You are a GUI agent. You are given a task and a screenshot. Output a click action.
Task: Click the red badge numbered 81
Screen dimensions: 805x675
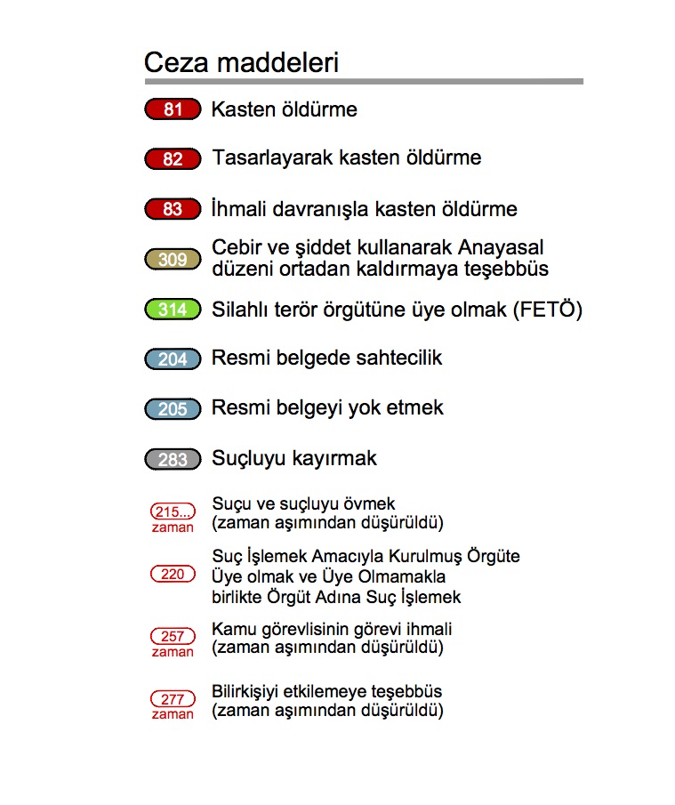tap(173, 110)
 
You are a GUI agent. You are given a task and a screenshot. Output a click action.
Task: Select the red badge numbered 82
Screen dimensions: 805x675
tap(173, 159)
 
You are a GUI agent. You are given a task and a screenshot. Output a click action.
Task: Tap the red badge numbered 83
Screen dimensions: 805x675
tap(173, 210)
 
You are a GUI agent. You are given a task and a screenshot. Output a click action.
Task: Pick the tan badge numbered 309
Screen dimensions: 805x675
tap(173, 260)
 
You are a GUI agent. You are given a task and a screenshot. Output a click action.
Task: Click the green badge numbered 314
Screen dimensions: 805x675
tap(173, 310)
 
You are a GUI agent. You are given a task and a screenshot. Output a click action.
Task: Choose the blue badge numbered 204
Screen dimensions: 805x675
tap(173, 359)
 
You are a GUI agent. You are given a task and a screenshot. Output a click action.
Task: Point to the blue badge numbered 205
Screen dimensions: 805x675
tap(173, 409)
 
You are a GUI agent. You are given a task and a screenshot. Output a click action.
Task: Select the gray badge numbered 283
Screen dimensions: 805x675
tap(173, 459)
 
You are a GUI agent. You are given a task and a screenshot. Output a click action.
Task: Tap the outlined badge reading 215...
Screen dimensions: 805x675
tap(173, 511)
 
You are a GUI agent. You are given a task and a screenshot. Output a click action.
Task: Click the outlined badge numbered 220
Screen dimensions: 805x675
tap(173, 575)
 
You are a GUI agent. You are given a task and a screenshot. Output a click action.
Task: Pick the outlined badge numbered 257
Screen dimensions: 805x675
tap(173, 637)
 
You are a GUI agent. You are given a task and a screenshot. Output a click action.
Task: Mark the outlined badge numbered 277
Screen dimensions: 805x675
tap(173, 699)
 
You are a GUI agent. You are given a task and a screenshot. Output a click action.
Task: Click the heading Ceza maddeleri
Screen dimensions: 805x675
tap(241, 63)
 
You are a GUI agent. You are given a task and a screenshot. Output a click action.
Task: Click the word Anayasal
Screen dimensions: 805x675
tap(502, 246)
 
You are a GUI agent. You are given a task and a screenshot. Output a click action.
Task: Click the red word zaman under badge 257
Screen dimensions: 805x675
tap(173, 652)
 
